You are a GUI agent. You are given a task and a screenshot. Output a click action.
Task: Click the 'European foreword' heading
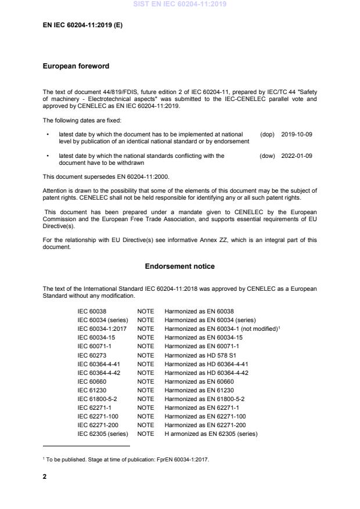click(x=76, y=66)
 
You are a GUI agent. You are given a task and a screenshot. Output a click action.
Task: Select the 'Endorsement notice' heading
click(x=180, y=266)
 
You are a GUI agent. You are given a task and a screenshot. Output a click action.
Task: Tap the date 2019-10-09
click(x=297, y=134)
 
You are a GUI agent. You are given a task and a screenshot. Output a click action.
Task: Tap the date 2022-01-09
click(x=297, y=156)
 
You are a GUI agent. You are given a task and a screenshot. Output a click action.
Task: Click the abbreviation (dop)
click(x=267, y=134)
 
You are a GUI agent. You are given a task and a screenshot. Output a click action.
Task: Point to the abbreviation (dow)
click(x=267, y=156)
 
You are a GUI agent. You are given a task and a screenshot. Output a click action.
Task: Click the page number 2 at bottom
click(x=45, y=476)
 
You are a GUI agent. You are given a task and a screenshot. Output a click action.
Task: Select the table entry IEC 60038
click(x=92, y=311)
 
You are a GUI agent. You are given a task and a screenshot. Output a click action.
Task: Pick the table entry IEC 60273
click(x=92, y=355)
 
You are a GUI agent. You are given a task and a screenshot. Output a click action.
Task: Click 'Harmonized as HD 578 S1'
click(x=197, y=355)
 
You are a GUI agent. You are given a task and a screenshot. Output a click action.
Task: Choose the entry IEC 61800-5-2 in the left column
click(x=98, y=399)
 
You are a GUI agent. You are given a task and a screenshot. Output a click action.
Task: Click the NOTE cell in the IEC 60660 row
click(x=146, y=381)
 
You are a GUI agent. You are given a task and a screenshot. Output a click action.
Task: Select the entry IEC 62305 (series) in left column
click(x=103, y=434)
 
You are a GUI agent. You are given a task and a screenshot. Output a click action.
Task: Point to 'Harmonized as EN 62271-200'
click(x=205, y=425)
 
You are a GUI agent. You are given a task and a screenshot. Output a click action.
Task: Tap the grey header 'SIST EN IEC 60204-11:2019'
click(x=179, y=4)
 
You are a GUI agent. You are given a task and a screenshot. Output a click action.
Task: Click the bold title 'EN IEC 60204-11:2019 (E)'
click(x=82, y=26)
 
